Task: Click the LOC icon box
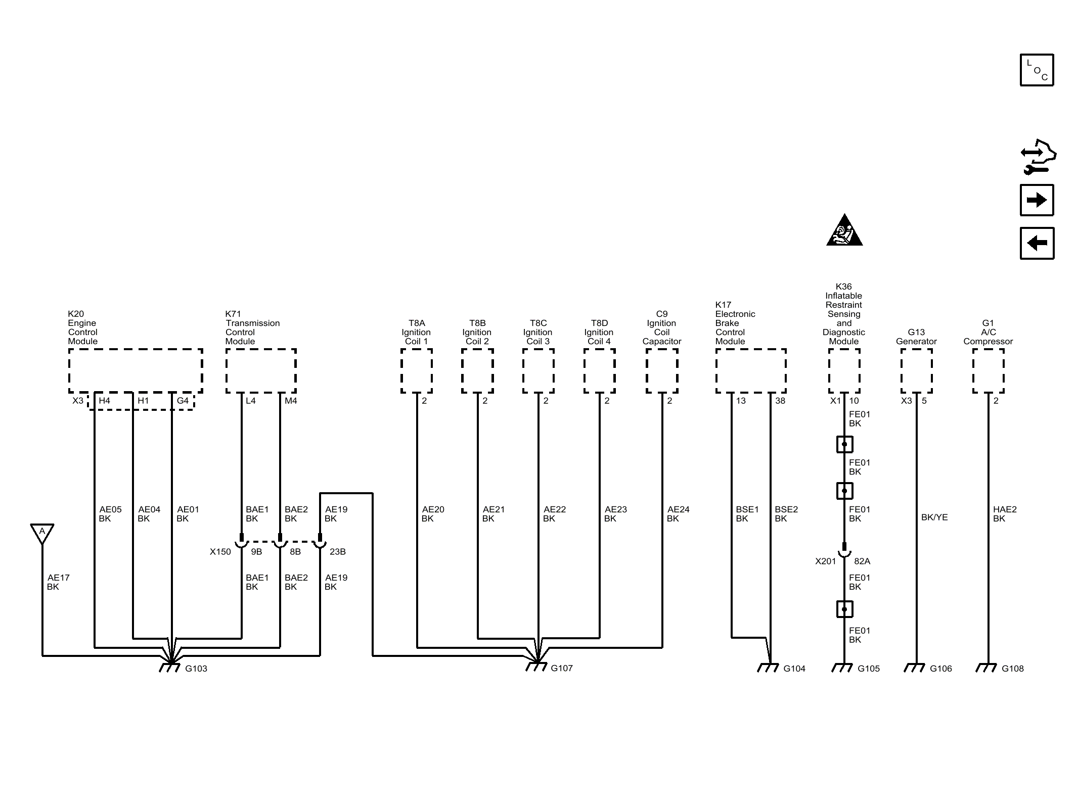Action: pos(1037,70)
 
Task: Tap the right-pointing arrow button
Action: pos(1037,200)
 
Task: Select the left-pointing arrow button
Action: pos(1037,243)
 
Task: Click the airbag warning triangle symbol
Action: pos(844,230)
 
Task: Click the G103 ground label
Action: pos(196,669)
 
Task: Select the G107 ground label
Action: pos(562,668)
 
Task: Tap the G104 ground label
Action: pos(794,669)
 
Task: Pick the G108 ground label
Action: pos(1013,669)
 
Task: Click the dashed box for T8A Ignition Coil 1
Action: pos(417,370)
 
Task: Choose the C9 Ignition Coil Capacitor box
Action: pos(662,370)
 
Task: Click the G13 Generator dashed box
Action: pos(916,370)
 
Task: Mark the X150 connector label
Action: pos(220,552)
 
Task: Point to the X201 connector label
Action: pos(826,561)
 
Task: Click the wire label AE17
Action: pos(59,578)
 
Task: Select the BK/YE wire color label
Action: pos(934,517)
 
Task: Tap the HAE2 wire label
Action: pos(1005,509)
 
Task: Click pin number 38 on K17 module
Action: pos(780,401)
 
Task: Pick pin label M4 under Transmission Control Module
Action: pos(291,401)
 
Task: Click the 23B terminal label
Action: pos(338,552)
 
